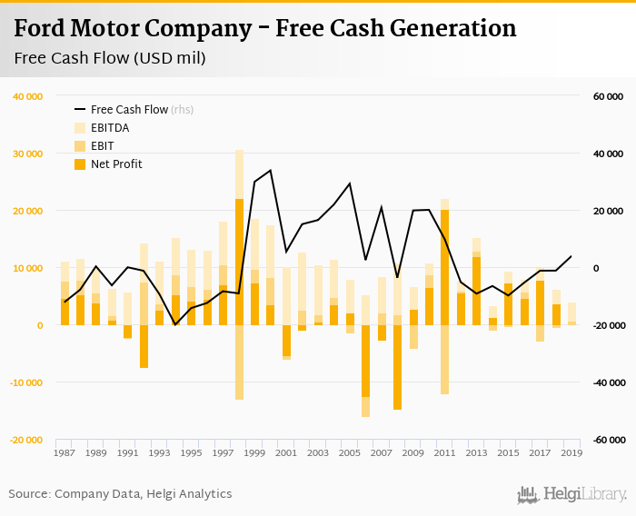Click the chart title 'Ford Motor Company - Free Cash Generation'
[265, 28]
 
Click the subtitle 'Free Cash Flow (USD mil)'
[110, 59]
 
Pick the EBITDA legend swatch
[80, 128]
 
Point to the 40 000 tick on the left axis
[28, 96]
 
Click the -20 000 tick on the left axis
[27, 440]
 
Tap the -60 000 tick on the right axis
[607, 440]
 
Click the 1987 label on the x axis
[65, 452]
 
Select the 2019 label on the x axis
[571, 452]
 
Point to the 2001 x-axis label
[286, 452]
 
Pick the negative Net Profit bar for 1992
[144, 346]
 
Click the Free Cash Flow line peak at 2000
[270, 170]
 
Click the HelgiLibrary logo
[572, 494]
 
